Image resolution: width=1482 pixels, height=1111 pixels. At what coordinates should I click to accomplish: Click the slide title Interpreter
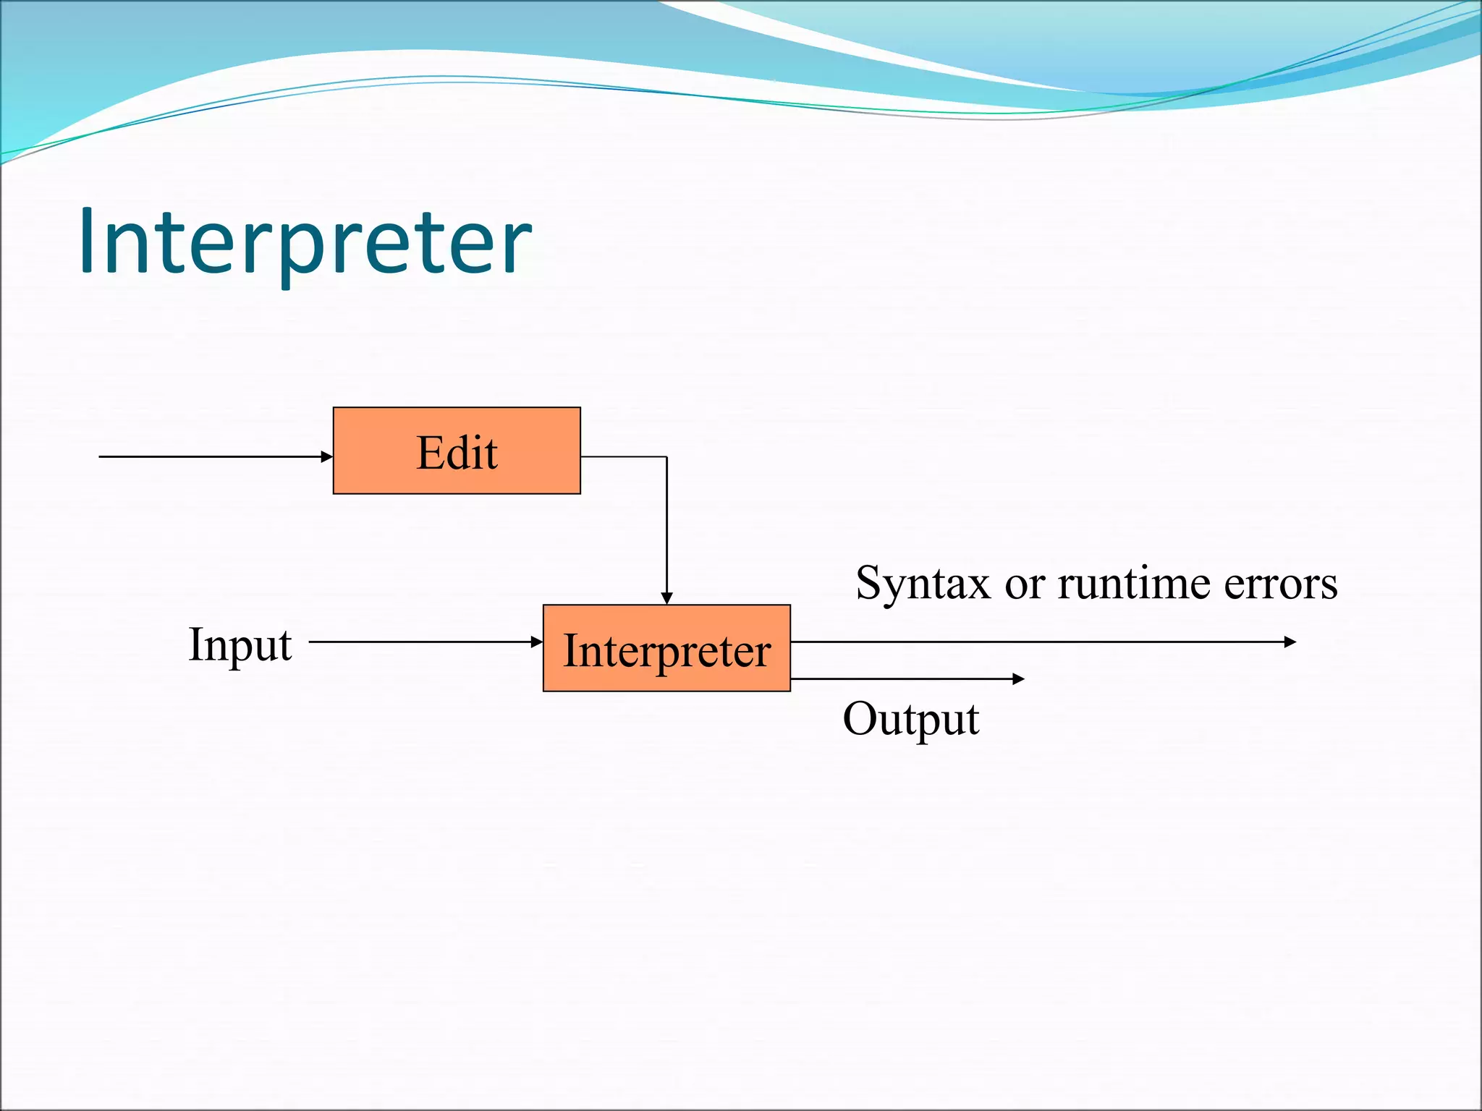click(x=305, y=242)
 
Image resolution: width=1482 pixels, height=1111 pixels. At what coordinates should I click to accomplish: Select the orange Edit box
click(x=457, y=451)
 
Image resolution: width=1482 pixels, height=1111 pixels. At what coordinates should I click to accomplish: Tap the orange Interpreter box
click(x=666, y=649)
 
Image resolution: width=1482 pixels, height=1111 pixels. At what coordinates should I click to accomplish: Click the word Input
click(x=240, y=644)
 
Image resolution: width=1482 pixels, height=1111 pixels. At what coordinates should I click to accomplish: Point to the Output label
click(x=910, y=719)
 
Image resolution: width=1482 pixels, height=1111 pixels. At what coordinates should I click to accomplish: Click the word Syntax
click(x=922, y=584)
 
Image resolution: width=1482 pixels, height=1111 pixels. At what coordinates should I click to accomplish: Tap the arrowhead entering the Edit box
click(x=327, y=457)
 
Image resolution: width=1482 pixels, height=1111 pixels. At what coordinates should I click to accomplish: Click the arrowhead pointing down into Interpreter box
click(x=666, y=598)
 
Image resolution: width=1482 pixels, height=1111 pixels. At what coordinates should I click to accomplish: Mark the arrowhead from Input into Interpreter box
click(x=536, y=642)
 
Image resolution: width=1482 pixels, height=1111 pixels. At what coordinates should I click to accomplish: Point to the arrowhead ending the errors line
click(x=1290, y=642)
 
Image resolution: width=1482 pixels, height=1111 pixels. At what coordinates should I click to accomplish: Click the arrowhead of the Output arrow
click(x=1018, y=678)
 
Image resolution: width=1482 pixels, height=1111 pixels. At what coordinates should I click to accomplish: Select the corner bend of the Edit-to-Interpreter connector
click(x=666, y=457)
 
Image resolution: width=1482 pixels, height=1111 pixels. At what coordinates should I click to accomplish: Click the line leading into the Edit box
click(x=210, y=457)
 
